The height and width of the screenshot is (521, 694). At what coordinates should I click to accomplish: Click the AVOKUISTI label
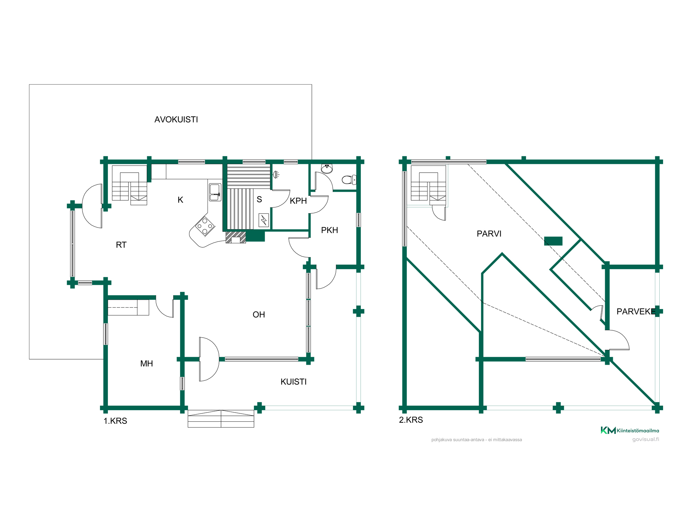[176, 119]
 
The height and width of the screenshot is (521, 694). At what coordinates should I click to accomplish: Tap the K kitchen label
[180, 200]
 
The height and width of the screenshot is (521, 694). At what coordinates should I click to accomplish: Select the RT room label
[121, 245]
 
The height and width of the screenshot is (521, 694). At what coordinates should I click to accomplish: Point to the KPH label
[298, 201]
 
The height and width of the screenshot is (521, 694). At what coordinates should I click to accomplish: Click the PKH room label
[329, 230]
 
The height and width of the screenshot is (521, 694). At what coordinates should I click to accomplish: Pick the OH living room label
[259, 315]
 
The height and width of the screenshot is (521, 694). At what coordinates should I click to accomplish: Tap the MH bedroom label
[146, 364]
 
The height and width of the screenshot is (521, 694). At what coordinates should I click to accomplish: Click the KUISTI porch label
[294, 382]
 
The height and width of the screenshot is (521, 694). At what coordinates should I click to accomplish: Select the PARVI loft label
[489, 234]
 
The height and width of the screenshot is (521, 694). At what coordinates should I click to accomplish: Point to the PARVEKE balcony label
[636, 312]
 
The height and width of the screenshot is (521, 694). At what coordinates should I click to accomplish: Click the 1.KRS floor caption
[115, 421]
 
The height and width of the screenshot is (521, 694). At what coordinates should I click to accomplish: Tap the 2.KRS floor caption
[411, 420]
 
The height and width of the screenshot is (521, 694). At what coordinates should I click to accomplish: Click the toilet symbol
[349, 180]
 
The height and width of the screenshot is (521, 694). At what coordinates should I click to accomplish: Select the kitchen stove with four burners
[205, 226]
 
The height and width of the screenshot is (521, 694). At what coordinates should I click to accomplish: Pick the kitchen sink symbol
[215, 192]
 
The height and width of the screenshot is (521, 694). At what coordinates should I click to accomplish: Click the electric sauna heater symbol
[264, 220]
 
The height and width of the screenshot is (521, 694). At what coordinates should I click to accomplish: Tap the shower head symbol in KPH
[276, 174]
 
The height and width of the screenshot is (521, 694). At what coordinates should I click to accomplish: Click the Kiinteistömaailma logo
[630, 430]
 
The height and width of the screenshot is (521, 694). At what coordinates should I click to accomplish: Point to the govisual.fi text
[645, 439]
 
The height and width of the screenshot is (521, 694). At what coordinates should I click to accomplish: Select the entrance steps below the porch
[221, 419]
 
